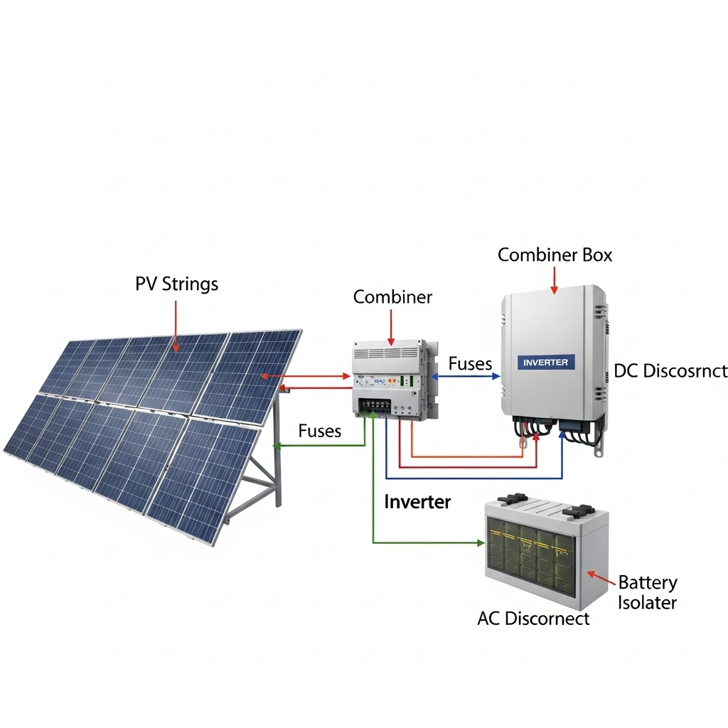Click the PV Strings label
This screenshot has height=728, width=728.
point(176,284)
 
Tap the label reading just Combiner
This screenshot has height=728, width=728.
point(392,297)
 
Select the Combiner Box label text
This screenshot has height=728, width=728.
point(555,255)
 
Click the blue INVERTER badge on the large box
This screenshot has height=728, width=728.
point(545,363)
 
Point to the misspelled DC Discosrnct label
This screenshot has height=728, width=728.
point(670,370)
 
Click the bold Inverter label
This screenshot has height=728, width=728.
point(417,502)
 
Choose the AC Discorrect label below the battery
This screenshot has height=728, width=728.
point(533,619)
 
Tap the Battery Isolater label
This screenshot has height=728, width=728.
point(647,593)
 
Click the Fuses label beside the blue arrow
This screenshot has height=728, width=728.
point(470,364)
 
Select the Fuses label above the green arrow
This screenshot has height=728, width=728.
point(319,431)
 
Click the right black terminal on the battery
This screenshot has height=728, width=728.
point(577,510)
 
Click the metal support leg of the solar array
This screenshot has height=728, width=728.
point(276,462)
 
